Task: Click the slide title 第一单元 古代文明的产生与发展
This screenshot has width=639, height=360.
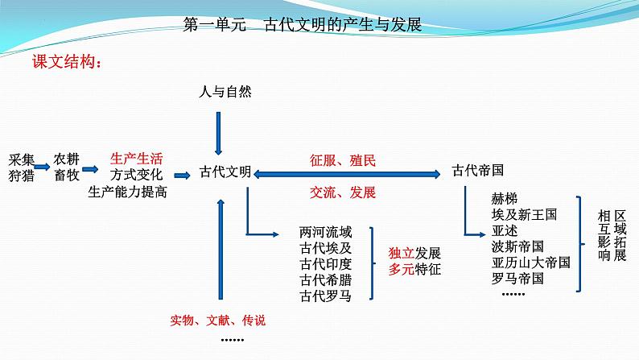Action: pyautogui.click(x=303, y=25)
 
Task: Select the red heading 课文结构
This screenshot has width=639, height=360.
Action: pyautogui.click(x=66, y=62)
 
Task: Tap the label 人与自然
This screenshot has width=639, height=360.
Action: pyautogui.click(x=225, y=92)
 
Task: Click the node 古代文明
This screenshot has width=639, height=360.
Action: pyautogui.click(x=225, y=172)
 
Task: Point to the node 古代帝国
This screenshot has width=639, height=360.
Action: pyautogui.click(x=478, y=171)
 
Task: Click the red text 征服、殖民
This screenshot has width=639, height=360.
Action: pyautogui.click(x=343, y=160)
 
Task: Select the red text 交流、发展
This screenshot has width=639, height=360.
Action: pyautogui.click(x=343, y=192)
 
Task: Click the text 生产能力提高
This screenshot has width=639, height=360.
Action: pyautogui.click(x=128, y=191)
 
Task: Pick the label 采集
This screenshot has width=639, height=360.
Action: pyautogui.click(x=22, y=158)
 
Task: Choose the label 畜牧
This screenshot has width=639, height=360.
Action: pyautogui.click(x=67, y=175)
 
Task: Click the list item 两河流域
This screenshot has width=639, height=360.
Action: pyautogui.click(x=324, y=232)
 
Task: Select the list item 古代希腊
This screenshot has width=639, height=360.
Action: pyautogui.click(x=324, y=279)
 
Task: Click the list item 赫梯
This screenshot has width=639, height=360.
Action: pyautogui.click(x=505, y=198)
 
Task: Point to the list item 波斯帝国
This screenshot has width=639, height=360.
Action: pyautogui.click(x=517, y=246)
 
